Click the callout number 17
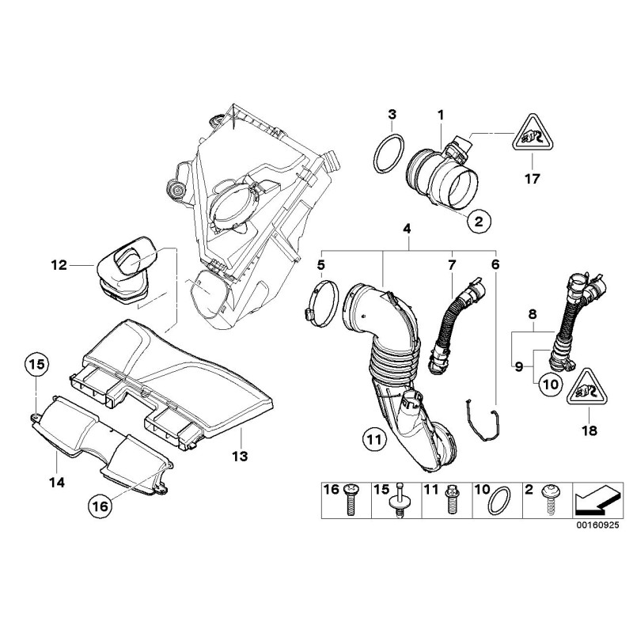click(532, 179)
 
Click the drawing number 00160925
click(598, 525)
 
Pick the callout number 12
click(58, 266)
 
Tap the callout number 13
click(240, 456)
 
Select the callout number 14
click(58, 481)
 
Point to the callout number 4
click(407, 229)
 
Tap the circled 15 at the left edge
click(34, 365)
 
